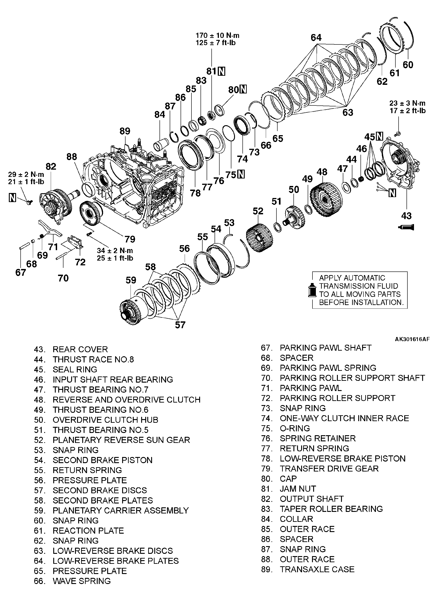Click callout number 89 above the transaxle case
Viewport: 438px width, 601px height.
125,131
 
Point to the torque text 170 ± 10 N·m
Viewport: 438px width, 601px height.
217,35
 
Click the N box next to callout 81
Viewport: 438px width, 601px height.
221,71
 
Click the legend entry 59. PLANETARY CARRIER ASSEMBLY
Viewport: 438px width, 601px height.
111,510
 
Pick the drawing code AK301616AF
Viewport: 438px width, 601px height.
412,339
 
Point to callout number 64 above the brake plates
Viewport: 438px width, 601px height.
316,37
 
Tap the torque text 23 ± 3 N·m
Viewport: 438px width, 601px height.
407,103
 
